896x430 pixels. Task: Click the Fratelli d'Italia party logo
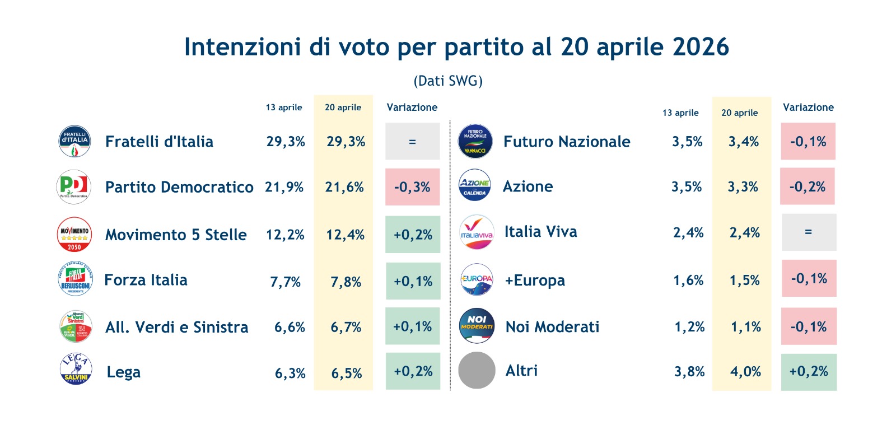coord(74,141)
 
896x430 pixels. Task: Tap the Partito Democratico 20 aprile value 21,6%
coord(344,187)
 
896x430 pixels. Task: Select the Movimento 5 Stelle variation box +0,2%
coord(413,235)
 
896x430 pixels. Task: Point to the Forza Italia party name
coord(146,280)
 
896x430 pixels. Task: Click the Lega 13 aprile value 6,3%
coord(290,373)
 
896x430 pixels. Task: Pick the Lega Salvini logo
coord(76,369)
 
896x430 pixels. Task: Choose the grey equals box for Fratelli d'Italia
coord(412,142)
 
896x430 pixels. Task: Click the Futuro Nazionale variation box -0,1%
coord(808,142)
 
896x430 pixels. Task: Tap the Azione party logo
coord(475,185)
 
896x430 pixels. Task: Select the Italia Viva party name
coord(540,232)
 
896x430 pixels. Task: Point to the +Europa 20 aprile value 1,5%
coord(744,281)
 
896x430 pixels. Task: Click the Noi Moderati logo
coord(477,326)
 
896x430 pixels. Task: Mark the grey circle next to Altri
coord(477,370)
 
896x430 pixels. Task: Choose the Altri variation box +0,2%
coord(809,372)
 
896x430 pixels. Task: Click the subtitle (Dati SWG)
coord(448,81)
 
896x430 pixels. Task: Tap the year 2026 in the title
coord(701,47)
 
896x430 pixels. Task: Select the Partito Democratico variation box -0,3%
coord(412,187)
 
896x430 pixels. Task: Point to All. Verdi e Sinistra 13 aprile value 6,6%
coord(290,328)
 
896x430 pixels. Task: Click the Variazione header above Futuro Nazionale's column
coord(808,107)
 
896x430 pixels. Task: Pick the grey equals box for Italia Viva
coord(809,232)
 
